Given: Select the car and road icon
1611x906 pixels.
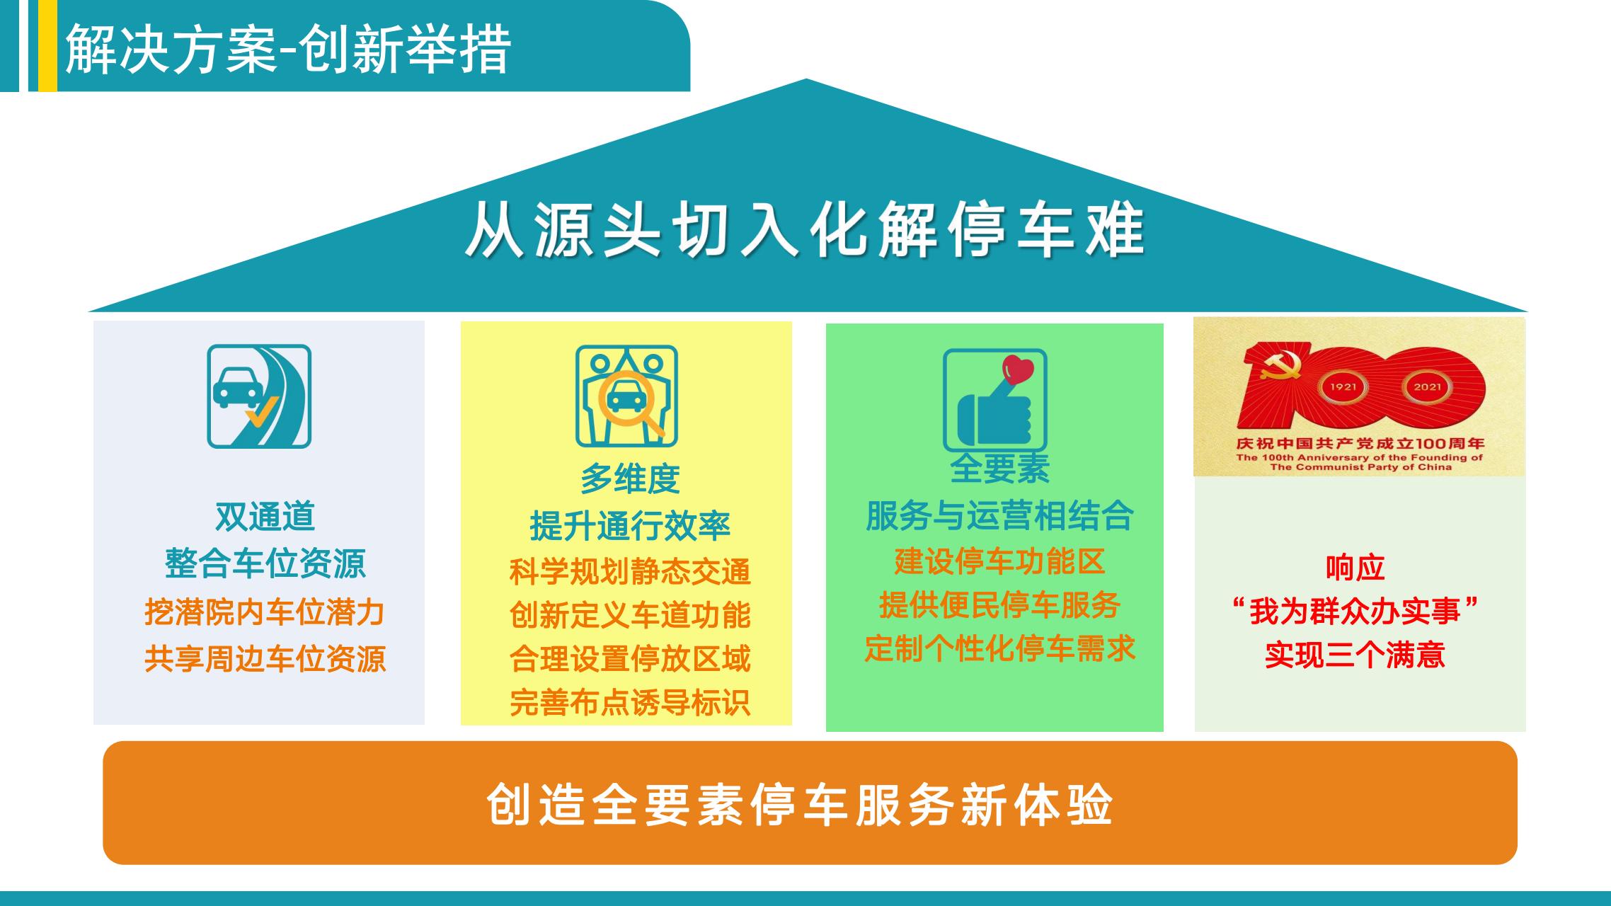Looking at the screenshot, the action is click(259, 396).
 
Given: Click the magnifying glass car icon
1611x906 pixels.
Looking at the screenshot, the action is click(626, 396).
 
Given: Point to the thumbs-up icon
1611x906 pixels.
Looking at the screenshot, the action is click(994, 401).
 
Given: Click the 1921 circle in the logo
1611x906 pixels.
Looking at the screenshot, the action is click(1343, 387).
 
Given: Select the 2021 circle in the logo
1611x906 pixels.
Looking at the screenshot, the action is click(1428, 387).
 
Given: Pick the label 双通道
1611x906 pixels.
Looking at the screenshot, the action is click(265, 516).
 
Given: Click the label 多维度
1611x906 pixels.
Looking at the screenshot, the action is click(630, 479).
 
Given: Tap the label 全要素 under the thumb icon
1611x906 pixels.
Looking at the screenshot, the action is click(999, 468).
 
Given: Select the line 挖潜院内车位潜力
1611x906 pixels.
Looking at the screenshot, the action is click(265, 612).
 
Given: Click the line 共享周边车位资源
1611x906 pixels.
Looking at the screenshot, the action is click(265, 659).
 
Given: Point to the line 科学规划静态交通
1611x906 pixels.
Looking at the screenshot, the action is click(630, 572).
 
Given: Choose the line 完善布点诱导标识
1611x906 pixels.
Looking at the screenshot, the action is click(630, 703).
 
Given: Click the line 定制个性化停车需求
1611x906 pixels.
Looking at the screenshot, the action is click(999, 648).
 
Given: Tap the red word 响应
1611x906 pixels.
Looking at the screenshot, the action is click(1355, 568).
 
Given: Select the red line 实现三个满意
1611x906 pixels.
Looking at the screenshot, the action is click(1355, 655).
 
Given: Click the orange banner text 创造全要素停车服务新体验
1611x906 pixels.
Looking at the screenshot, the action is click(800, 804).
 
